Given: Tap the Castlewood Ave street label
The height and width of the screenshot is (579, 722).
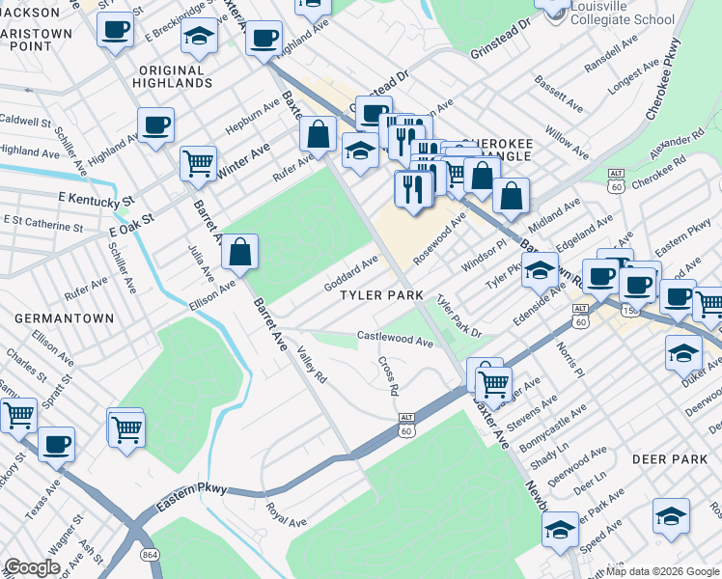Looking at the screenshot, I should pyautogui.click(x=395, y=340).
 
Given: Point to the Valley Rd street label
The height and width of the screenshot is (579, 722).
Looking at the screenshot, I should pyautogui.click(x=312, y=366).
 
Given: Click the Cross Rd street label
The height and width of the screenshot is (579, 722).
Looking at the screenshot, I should pyautogui.click(x=388, y=377).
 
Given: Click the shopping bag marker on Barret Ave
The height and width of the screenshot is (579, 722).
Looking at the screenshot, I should pyautogui.click(x=240, y=253).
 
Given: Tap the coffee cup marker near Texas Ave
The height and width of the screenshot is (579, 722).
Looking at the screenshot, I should pyautogui.click(x=57, y=444).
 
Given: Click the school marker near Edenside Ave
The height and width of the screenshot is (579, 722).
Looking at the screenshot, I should pyautogui.click(x=541, y=270).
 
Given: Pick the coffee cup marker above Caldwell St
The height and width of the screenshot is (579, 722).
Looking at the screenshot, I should pyautogui.click(x=155, y=124).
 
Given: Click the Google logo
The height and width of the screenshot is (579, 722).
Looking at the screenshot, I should pyautogui.click(x=32, y=567).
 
